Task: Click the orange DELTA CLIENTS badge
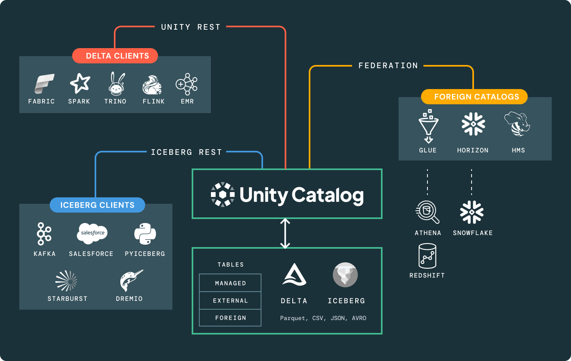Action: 115,56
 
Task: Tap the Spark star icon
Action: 80,83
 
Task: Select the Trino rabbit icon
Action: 116,84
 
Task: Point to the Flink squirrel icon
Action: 152,85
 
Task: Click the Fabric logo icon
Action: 44,83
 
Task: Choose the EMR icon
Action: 187,84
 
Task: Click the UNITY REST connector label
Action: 190,27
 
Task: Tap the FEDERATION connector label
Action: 388,65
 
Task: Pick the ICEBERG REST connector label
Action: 186,152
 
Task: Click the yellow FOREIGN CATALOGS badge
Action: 474,97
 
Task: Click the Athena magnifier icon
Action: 427,212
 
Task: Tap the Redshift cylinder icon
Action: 427,256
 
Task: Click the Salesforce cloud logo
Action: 92,233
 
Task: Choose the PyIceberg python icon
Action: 145,234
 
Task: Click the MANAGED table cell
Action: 230,283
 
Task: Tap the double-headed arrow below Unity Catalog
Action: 285,233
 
